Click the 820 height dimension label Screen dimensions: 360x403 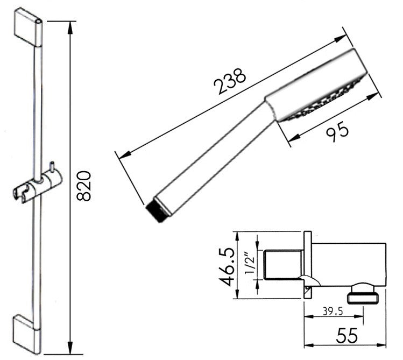point(84,186)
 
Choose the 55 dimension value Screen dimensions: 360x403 point(347,336)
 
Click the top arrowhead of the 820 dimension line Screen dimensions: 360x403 point(70,25)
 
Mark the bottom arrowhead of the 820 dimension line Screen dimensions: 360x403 point(70,350)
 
